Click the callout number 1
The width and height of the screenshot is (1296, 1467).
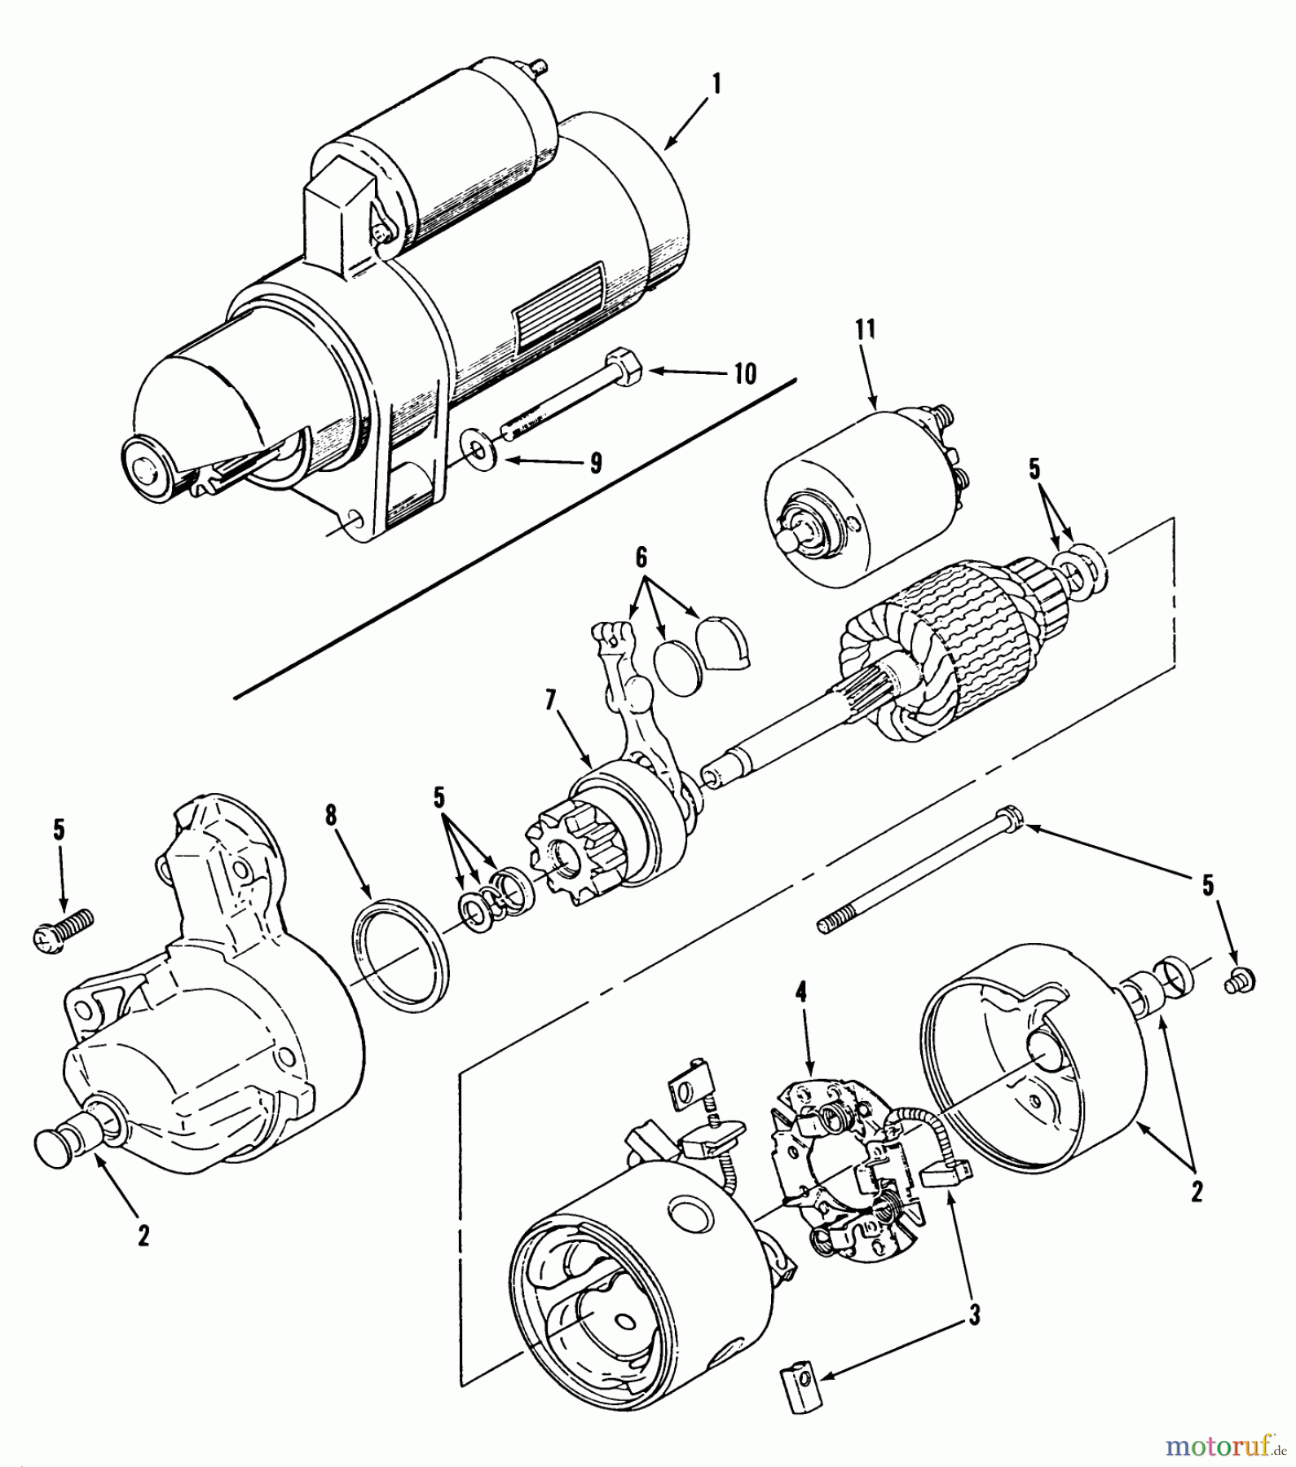click(716, 84)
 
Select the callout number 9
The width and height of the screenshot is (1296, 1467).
click(596, 463)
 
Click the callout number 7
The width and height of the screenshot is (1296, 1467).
click(552, 699)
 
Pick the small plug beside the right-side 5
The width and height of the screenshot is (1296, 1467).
click(1240, 981)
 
